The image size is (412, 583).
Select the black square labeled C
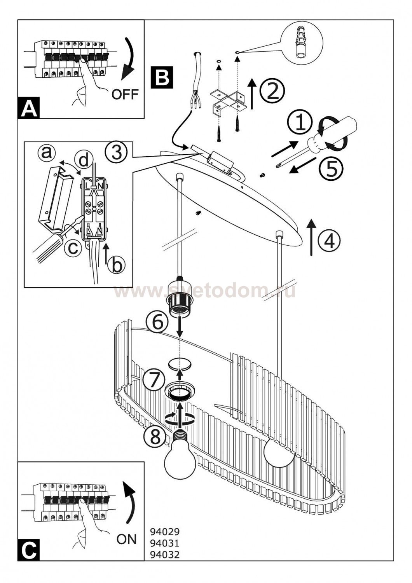coord(29,550)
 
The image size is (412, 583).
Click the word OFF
coord(125,94)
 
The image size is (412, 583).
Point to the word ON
coord(127,539)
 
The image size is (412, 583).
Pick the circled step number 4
coord(329,241)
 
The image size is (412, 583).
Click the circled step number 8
coord(155,438)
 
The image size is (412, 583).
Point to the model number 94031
coord(164,543)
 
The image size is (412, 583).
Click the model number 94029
coord(164,531)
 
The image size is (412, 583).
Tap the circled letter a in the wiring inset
coord(47,153)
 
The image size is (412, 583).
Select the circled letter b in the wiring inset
coord(116,265)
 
